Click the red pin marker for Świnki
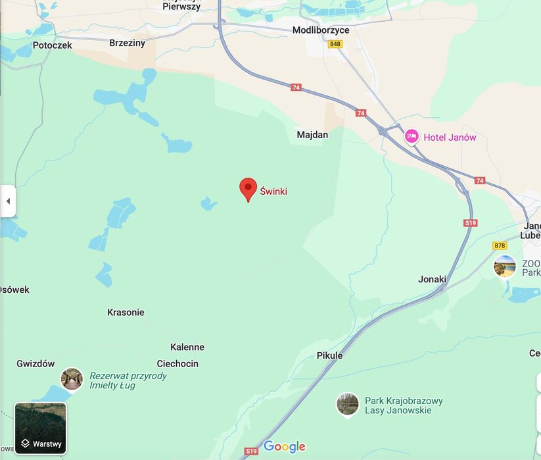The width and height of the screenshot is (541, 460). click(x=248, y=189)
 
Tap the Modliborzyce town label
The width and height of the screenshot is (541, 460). click(x=321, y=30)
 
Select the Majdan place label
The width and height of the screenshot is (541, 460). click(x=312, y=134)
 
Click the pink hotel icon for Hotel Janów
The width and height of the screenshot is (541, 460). click(x=412, y=137)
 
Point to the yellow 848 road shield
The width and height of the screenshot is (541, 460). click(x=335, y=44)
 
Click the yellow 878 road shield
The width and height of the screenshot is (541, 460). click(x=500, y=245)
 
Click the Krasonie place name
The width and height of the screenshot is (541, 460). click(x=126, y=313)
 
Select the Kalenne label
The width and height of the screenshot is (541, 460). click(x=187, y=347)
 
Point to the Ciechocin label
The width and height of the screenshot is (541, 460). click(x=177, y=364)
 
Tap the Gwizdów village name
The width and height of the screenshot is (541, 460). click(x=35, y=364)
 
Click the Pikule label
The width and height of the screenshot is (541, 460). click(x=329, y=356)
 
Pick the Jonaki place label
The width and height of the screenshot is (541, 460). click(x=432, y=280)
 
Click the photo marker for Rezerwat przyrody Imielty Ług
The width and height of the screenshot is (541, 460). click(x=72, y=379)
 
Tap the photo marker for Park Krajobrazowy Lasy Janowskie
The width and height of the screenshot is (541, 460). click(x=347, y=404)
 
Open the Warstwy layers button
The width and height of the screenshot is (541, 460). click(x=41, y=428)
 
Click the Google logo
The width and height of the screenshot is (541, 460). click(x=285, y=447)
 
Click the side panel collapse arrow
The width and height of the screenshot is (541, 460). click(x=8, y=201)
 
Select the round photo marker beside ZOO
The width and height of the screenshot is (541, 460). click(x=505, y=267)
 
